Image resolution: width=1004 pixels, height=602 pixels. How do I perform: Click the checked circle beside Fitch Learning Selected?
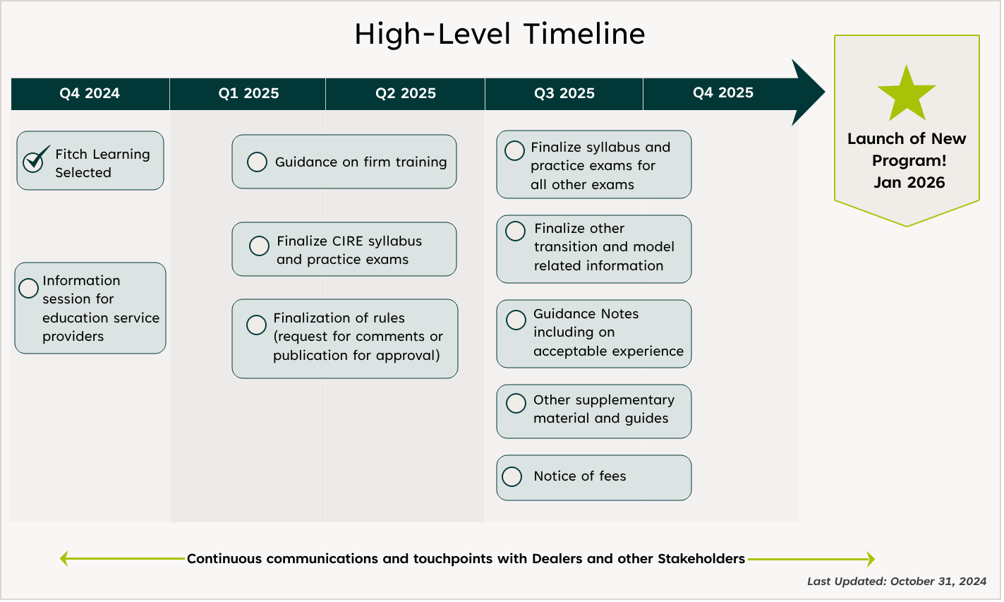(33, 162)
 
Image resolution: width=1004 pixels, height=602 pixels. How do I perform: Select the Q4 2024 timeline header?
(90, 94)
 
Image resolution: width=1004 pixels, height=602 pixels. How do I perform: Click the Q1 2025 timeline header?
(248, 94)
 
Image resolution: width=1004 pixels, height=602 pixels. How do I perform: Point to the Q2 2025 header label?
(406, 94)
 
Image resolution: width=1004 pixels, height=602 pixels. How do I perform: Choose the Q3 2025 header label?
(564, 94)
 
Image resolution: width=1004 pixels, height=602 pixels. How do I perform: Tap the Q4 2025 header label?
(722, 93)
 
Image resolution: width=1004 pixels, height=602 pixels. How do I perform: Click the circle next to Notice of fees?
(512, 477)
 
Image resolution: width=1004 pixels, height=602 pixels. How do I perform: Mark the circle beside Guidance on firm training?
(257, 162)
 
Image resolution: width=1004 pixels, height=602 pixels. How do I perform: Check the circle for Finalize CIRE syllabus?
(259, 246)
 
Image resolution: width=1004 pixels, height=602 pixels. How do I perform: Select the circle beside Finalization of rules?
(256, 325)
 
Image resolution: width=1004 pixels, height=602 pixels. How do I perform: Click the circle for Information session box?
(29, 288)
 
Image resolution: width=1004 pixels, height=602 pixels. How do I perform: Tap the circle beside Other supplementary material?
(516, 403)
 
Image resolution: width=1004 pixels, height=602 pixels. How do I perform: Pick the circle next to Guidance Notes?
(516, 320)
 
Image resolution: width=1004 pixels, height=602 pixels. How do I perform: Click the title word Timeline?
(584, 34)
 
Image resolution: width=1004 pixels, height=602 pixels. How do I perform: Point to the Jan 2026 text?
(909, 183)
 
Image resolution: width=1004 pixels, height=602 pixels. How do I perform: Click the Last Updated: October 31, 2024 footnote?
(897, 582)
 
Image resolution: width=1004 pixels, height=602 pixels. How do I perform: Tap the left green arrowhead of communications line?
(64, 559)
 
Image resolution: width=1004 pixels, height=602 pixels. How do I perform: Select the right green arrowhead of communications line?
(871, 560)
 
